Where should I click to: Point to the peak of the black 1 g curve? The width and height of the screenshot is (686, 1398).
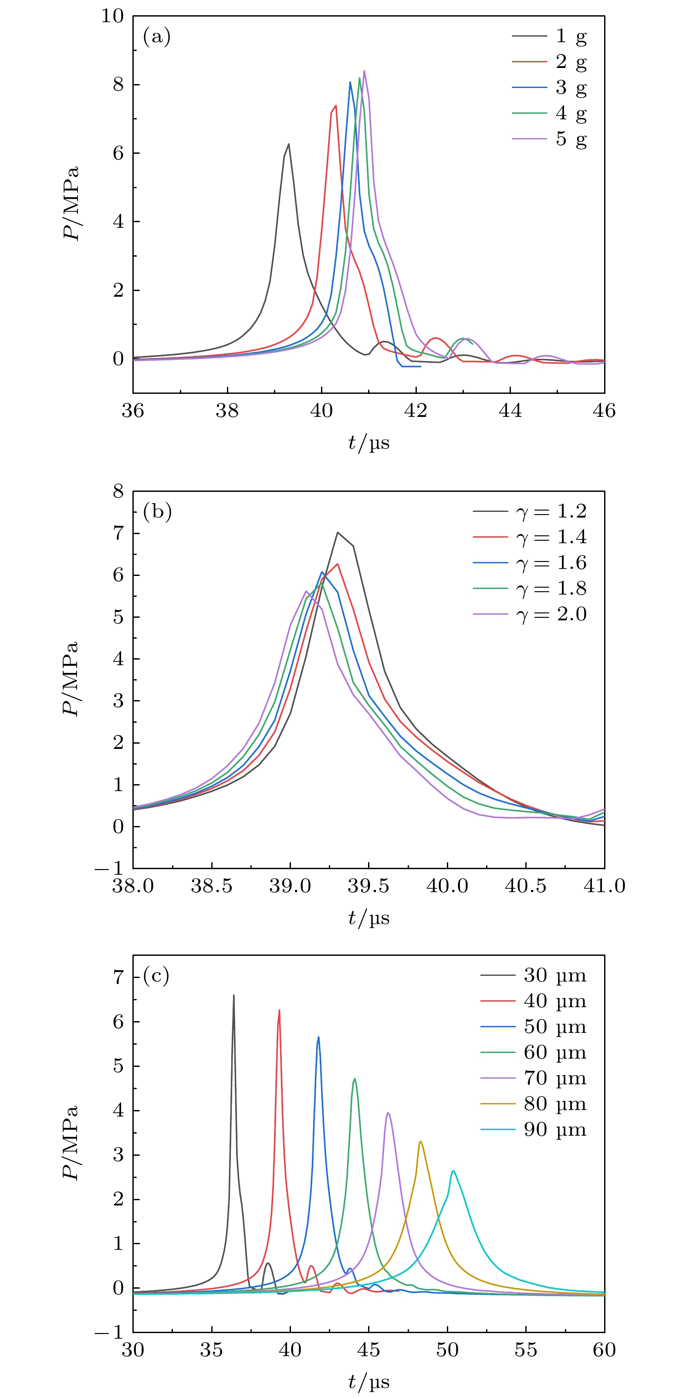289,144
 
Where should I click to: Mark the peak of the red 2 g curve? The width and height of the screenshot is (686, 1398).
336,105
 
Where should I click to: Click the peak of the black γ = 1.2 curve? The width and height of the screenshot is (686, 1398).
338,532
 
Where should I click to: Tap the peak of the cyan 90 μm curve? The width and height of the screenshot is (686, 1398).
453,1171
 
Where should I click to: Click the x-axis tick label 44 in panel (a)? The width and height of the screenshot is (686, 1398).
510,411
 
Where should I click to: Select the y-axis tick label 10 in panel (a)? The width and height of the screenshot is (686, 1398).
112,16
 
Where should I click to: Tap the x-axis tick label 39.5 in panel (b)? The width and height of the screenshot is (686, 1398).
368,886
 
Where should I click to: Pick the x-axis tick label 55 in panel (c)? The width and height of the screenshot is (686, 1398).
525,1350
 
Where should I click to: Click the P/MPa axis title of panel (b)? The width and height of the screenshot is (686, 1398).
71,678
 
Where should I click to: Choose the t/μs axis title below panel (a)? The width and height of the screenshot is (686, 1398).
368,443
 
